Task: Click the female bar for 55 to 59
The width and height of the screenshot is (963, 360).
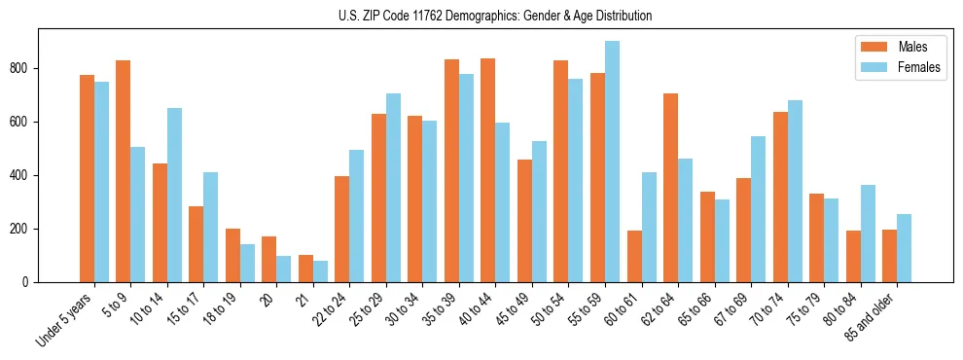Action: (x=612, y=162)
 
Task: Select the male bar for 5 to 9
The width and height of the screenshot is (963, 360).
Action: (x=124, y=171)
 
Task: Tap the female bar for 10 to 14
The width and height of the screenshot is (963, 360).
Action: (x=174, y=195)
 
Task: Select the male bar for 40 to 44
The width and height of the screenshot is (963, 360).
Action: (x=488, y=170)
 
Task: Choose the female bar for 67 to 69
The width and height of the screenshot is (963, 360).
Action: (x=758, y=209)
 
